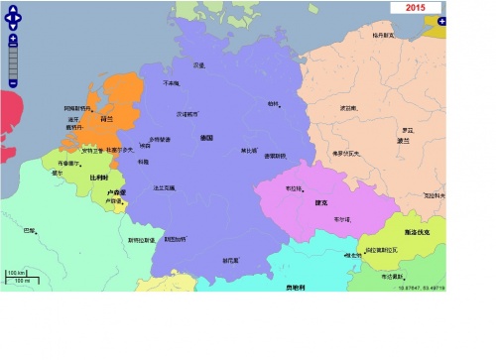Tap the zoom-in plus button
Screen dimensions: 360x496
13,39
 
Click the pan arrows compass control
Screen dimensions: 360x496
13,16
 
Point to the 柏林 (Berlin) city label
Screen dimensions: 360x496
274,102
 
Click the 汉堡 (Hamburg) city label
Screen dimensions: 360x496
199,65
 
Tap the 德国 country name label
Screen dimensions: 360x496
207,137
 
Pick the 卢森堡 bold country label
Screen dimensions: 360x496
116,192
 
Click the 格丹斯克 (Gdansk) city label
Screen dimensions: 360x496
383,35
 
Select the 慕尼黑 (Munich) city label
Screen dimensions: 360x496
230,260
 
